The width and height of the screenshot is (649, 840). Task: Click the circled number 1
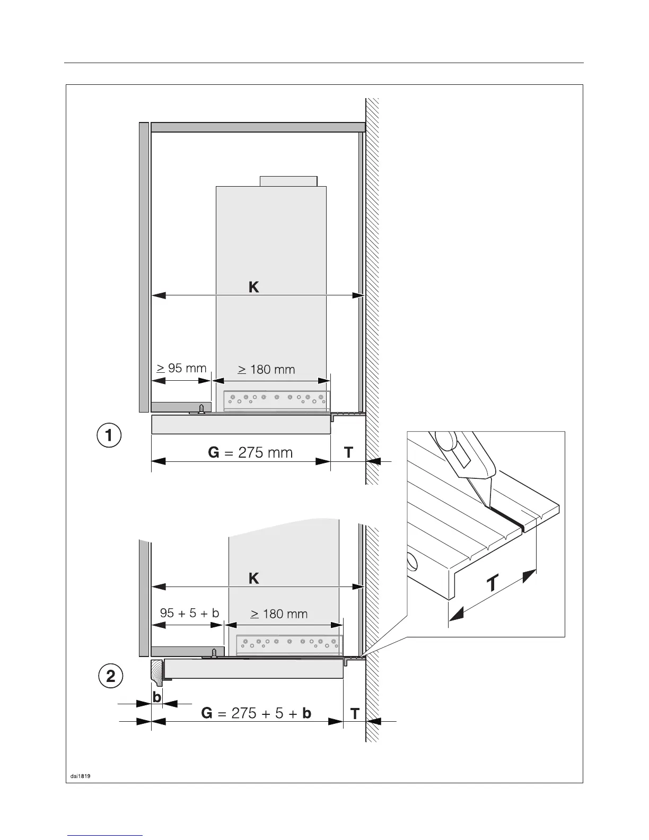[x=109, y=436]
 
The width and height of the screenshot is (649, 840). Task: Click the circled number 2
[x=111, y=676]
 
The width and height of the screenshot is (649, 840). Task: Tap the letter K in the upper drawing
[x=254, y=287]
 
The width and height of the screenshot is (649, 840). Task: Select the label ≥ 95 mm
[x=181, y=367]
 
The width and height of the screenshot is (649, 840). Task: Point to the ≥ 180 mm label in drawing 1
[x=266, y=369]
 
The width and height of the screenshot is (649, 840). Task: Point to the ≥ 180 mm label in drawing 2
[x=279, y=614]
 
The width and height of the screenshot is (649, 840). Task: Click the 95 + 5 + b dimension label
[x=189, y=612]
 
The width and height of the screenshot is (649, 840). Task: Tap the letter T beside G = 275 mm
[x=348, y=452]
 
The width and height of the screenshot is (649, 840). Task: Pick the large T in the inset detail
[x=493, y=584]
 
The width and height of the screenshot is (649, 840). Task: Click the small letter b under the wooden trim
[x=157, y=697]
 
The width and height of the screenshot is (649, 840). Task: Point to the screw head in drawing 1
[x=201, y=408]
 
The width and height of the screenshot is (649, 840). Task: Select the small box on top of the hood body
[x=288, y=181]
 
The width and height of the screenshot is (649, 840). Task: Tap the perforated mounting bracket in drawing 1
[x=276, y=400]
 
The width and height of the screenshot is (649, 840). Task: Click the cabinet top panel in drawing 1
[x=258, y=127]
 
